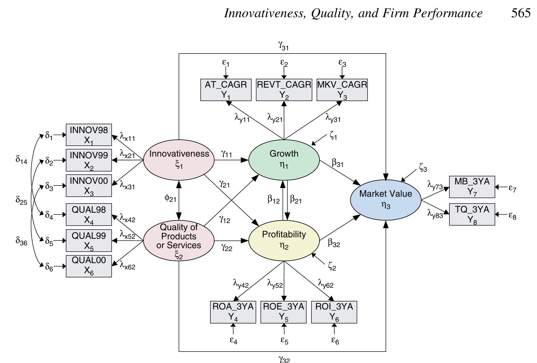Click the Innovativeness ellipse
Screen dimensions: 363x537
[179, 160]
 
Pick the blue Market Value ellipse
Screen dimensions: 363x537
[386, 200]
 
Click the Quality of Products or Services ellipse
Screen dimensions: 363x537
[179, 240]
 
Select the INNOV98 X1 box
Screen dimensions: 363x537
[89, 135]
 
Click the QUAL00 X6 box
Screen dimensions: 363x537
[89, 266]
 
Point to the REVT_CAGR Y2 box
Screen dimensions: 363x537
[284, 90]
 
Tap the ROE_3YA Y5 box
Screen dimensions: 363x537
[283, 312]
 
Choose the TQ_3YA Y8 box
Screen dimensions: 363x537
[472, 214]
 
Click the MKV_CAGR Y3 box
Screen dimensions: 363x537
[342, 90]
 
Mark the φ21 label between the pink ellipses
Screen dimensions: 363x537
[170, 198]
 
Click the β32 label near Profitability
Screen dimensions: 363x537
[334, 243]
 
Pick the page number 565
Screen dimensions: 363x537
[521, 13]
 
